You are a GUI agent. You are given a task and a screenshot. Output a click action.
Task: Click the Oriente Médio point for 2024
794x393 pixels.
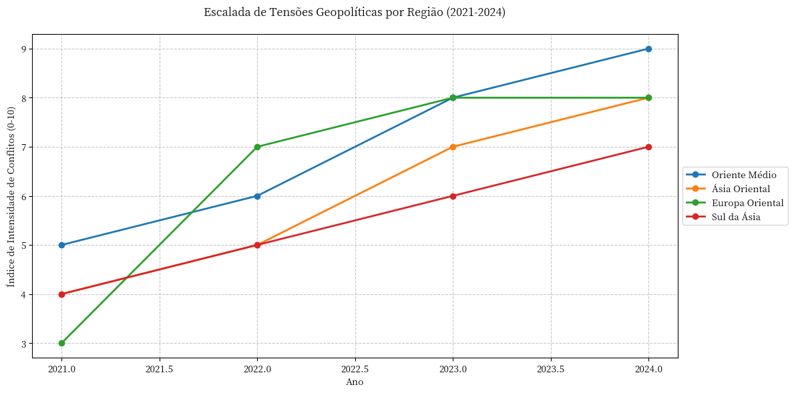pos(648,49)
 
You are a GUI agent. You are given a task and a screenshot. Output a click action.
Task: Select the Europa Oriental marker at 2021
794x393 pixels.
pos(61,343)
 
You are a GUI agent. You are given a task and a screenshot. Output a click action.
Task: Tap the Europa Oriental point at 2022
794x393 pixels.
pos(257,147)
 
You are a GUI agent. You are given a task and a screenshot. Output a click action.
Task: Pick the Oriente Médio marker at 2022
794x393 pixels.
pos(257,196)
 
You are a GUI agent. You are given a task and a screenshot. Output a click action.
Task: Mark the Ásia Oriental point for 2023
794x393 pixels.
pos(453,147)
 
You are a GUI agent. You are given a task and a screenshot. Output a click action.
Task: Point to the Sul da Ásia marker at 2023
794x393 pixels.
pos(453,196)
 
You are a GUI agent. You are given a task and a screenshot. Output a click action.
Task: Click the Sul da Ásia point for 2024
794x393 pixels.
pos(648,147)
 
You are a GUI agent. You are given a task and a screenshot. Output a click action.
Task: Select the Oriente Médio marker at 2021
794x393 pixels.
pos(61,245)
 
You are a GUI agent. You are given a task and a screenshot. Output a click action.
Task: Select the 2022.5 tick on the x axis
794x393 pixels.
pos(355,368)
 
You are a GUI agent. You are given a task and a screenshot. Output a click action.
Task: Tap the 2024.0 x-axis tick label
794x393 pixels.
pos(648,368)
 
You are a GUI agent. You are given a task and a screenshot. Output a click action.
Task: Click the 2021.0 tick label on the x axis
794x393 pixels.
pos(61,368)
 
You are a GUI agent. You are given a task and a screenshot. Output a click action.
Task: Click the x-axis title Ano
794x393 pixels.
pos(355,382)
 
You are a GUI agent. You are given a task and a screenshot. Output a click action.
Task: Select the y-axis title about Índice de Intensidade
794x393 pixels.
pos(11,196)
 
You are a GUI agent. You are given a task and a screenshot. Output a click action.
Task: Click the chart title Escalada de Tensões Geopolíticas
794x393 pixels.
pos(355,13)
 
